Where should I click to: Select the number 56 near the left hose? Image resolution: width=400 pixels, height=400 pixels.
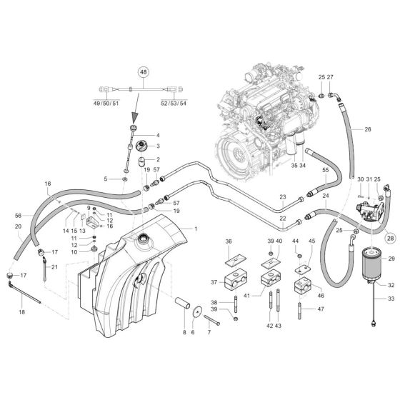(19, 216)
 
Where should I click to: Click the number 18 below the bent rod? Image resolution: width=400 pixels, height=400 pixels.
(21, 313)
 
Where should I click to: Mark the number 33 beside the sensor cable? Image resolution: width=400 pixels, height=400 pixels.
(391, 299)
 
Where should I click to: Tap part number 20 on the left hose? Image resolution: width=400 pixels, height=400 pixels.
(18, 226)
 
